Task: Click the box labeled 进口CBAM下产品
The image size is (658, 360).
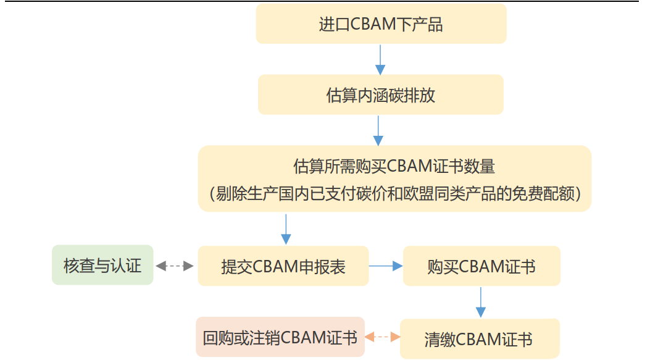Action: point(381,24)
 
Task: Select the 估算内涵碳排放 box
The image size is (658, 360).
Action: point(381,95)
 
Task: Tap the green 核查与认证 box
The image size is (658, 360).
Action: point(102,265)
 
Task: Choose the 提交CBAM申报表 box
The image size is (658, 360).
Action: point(283,266)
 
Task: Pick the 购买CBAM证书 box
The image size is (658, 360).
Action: point(481,266)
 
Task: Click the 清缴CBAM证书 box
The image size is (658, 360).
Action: point(480,338)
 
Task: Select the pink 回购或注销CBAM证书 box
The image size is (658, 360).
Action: point(280,337)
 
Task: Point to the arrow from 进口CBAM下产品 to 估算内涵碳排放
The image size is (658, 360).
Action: point(380,60)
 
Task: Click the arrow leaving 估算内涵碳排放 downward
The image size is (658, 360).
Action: point(378,131)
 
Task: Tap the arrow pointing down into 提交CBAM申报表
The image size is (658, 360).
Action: point(286,230)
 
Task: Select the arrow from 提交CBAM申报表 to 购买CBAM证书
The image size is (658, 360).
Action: point(386,266)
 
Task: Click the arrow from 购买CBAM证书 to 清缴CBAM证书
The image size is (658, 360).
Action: point(480,303)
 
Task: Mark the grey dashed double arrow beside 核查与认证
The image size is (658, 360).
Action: point(175,266)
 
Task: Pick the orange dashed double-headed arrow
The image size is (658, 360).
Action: point(382,337)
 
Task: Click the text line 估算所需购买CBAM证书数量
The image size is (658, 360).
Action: point(394,166)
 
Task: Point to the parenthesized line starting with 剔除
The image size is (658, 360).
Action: point(395,194)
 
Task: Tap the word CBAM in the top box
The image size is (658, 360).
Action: point(373,24)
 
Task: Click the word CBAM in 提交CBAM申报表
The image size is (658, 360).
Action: point(275,266)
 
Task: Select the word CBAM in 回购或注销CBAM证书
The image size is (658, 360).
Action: point(302,337)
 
